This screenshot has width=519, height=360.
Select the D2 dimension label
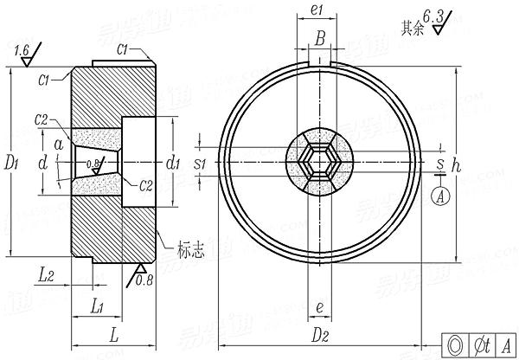point(321,331)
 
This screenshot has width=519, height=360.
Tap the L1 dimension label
point(98,307)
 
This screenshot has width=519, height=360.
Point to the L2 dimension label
point(48,275)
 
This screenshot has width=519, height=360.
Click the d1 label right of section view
point(173,161)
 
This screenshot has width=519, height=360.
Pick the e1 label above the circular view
point(317,10)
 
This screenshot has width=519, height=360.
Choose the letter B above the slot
point(320,38)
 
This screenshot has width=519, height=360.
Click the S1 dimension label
point(199,162)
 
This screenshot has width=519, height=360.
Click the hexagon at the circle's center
point(319,162)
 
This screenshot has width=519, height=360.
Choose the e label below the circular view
point(320,307)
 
